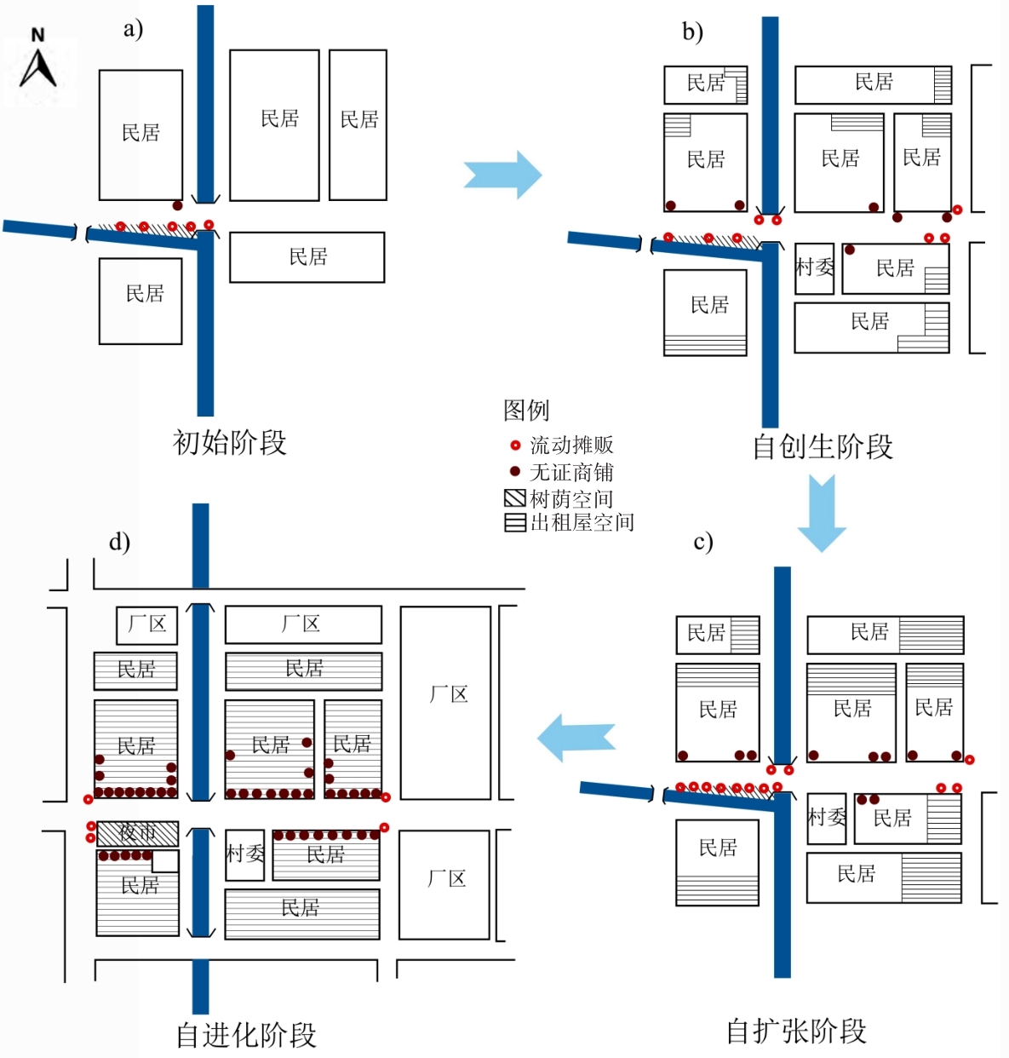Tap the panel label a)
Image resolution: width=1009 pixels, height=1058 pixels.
pyautogui.click(x=133, y=29)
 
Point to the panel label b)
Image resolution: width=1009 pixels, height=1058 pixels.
pyautogui.click(x=692, y=32)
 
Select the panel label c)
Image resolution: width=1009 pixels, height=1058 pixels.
pyautogui.click(x=703, y=542)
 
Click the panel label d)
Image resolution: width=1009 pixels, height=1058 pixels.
pyautogui.click(x=119, y=542)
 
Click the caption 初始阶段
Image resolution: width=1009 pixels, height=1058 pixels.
pyautogui.click(x=229, y=442)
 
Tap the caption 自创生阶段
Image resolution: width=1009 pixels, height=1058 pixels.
pyautogui.click(x=823, y=446)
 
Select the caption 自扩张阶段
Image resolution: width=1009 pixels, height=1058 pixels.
pyautogui.click(x=796, y=1031)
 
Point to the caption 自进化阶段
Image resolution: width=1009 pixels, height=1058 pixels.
pyautogui.click(x=246, y=1035)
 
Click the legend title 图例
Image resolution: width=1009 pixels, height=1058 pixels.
pyautogui.click(x=526, y=411)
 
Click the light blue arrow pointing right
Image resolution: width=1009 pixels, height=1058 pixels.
pyautogui.click(x=503, y=175)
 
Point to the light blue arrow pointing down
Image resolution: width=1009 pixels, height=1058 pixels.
pyautogui.click(x=822, y=514)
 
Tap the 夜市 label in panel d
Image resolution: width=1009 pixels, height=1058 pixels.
pyautogui.click(x=137, y=832)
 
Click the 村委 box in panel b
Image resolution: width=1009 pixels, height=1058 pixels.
pyautogui.click(x=814, y=268)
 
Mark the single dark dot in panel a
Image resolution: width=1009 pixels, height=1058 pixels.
pyautogui.click(x=177, y=205)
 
